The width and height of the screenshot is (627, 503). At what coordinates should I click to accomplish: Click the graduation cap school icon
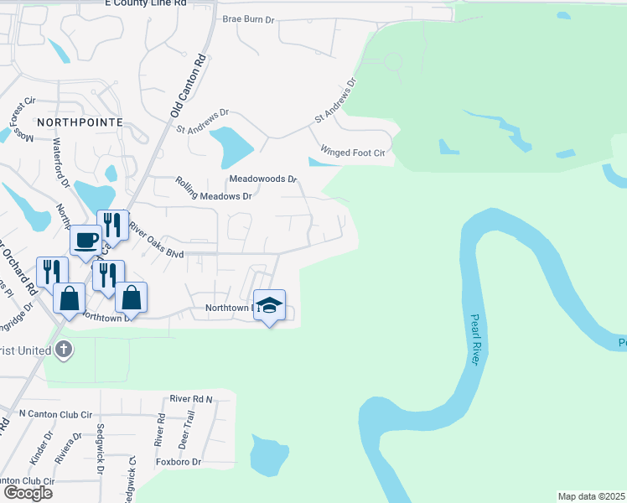point(269,305)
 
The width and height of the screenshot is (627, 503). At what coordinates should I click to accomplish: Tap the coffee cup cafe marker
point(85,241)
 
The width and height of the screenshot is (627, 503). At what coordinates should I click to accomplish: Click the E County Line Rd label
point(145,4)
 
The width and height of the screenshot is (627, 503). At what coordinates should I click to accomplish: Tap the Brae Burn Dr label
point(249,18)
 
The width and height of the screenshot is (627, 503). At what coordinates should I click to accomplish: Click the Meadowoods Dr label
point(263,179)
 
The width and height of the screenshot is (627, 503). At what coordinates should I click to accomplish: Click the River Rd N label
point(191,399)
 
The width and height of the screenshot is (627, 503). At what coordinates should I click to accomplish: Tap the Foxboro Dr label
point(179,462)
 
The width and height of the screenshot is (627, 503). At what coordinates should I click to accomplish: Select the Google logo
point(28,492)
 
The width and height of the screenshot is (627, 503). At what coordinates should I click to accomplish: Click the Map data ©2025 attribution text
point(592,496)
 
